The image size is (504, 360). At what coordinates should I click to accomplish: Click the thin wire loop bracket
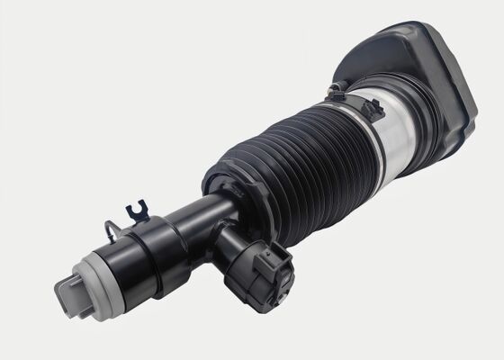click(109, 236)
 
